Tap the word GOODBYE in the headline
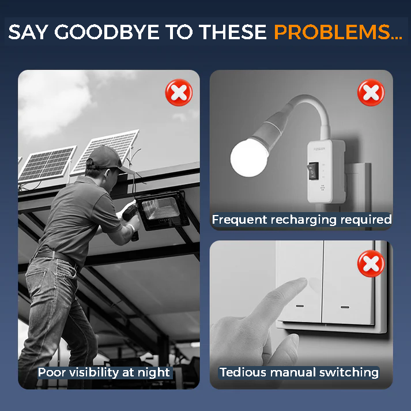107,32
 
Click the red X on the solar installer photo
179,93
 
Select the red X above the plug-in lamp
371,93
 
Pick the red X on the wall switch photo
371,263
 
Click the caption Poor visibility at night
104,372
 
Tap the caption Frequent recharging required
301,220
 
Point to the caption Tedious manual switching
299,372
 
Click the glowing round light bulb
249,158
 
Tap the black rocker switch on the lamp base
313,171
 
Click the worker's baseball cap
108,159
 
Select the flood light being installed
163,210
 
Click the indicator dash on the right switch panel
345,307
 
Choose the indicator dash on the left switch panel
300,306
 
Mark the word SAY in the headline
28,32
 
